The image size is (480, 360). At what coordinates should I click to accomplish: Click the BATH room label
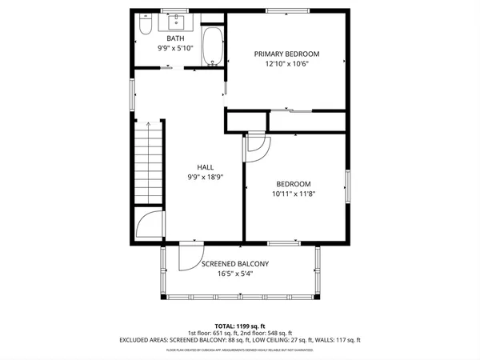174,38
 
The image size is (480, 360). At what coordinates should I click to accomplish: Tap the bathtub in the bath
212,46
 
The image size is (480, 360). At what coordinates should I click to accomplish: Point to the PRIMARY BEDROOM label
286,54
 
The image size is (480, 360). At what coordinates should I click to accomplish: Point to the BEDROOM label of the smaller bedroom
294,183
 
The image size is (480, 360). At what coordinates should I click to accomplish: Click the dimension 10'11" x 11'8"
294,194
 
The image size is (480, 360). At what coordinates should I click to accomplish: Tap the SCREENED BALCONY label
234,263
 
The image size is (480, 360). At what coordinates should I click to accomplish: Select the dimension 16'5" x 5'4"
234,274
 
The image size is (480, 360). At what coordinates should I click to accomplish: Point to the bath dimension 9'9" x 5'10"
174,48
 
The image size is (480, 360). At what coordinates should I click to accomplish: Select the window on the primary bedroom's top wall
284,10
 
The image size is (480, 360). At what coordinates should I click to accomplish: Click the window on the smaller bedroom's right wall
347,186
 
